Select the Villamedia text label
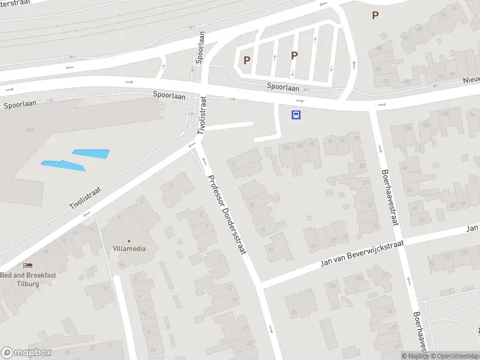(x=128, y=248)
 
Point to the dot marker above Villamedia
(x=128, y=241)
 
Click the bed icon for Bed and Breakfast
(x=28, y=265)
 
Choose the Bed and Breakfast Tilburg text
(x=28, y=279)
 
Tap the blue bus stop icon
(x=296, y=115)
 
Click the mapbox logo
(x=26, y=353)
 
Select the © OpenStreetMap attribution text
(x=454, y=356)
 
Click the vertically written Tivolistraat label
(x=203, y=115)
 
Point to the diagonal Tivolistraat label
(x=85, y=198)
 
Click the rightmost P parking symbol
(x=376, y=16)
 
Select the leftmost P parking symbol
(x=247, y=60)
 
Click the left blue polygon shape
(x=62, y=164)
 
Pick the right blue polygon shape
(x=91, y=154)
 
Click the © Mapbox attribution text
(x=414, y=356)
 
